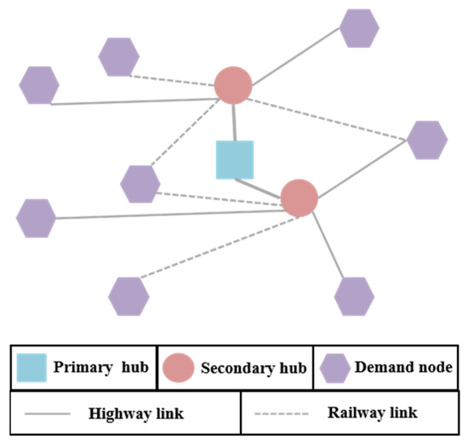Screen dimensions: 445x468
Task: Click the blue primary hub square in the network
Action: (235, 160)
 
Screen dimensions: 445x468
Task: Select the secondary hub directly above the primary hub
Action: (232, 85)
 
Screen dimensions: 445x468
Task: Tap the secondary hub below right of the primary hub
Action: (299, 197)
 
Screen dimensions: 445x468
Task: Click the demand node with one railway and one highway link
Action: (427, 140)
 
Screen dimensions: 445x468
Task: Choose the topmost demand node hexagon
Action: (359, 28)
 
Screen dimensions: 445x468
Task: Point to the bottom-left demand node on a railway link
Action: (129, 296)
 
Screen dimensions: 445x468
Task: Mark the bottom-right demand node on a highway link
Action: (354, 296)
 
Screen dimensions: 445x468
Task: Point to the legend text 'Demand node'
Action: (401, 368)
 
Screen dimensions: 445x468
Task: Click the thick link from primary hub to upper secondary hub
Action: (234, 122)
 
